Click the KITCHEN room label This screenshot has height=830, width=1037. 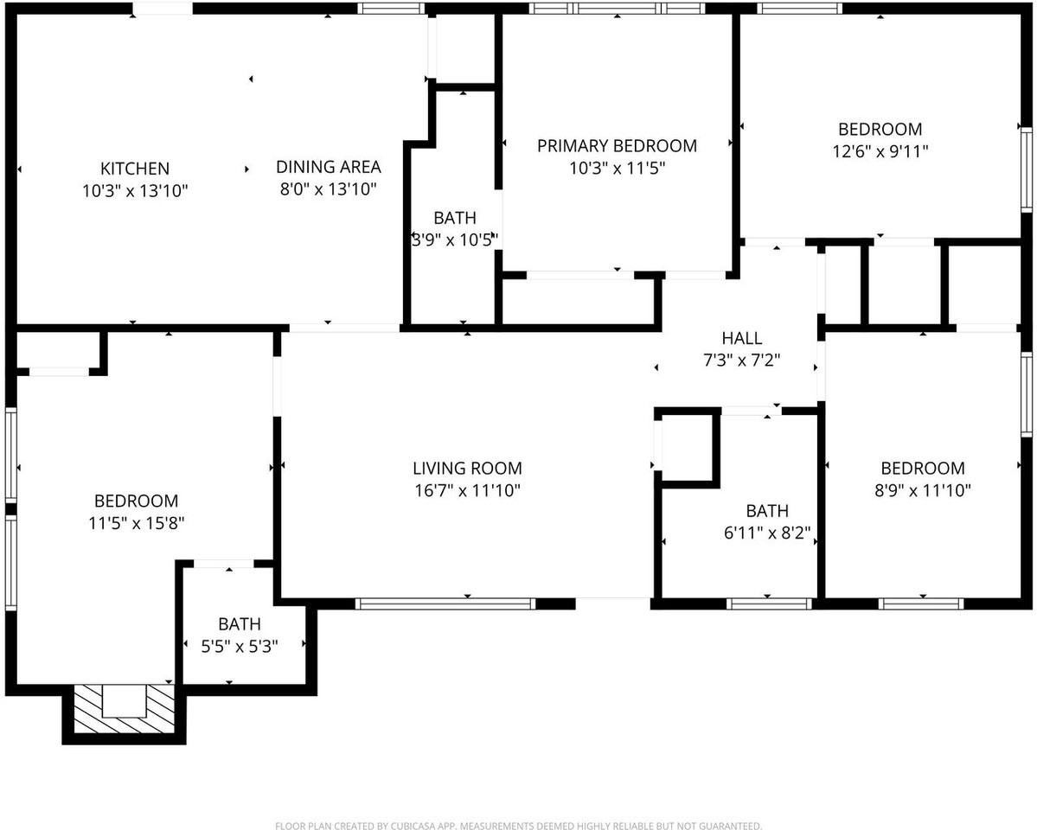click(135, 169)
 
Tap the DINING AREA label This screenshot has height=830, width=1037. click(328, 167)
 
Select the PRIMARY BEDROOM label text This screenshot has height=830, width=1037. click(617, 146)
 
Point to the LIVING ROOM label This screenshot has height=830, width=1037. click(467, 469)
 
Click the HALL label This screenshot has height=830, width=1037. click(742, 338)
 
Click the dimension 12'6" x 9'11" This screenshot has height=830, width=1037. click(880, 151)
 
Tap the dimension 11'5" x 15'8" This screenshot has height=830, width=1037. click(136, 523)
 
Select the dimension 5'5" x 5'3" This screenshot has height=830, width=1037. click(240, 645)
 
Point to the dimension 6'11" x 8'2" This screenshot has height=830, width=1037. click(767, 533)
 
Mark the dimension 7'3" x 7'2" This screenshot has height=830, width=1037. click(742, 361)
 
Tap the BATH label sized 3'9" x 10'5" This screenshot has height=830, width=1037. click(455, 218)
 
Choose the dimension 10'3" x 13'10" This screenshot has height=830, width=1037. click(135, 190)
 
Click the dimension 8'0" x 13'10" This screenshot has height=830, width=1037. click(328, 189)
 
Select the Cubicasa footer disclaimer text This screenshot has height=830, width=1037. click(518, 826)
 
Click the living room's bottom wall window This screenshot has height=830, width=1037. click(446, 603)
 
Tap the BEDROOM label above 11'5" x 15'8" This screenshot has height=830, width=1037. click(136, 501)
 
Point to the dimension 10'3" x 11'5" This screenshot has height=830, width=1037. click(617, 169)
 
